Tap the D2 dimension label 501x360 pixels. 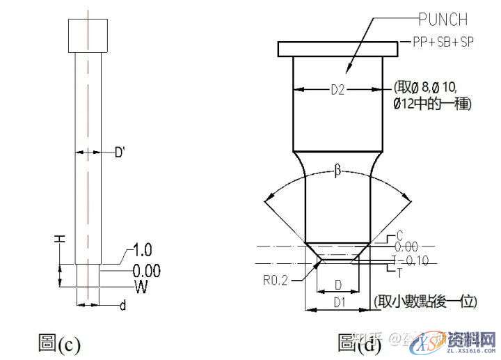point(338,89)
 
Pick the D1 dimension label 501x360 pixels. point(339,302)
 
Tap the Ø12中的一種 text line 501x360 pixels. point(432,104)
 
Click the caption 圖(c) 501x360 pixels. point(59,343)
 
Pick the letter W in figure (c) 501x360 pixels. point(141,286)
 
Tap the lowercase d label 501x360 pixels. point(122,306)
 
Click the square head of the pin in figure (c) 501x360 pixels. point(88,35)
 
